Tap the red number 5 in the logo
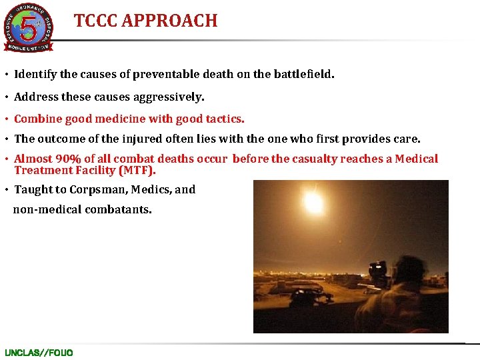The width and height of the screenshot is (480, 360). (28, 27)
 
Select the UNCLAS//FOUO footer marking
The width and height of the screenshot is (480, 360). (39, 352)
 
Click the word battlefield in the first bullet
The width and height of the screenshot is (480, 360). (303, 75)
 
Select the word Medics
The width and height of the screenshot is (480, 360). (151, 189)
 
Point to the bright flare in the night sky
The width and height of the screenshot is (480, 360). (313, 200)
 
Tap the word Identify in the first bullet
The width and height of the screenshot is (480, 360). (35, 75)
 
